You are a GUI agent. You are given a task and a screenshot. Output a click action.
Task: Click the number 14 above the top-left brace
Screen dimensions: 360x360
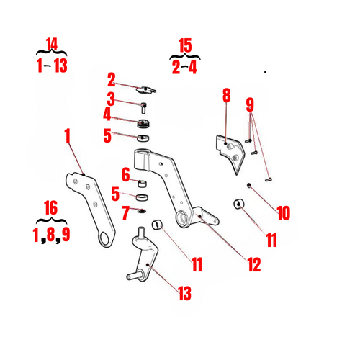(51, 44)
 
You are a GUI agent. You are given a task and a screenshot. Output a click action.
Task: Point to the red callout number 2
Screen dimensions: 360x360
(112, 78)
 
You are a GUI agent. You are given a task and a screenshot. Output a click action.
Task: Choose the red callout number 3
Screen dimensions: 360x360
(112, 98)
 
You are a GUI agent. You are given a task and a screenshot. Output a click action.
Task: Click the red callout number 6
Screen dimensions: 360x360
(125, 174)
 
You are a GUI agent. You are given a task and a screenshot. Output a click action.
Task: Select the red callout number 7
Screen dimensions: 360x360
(125, 212)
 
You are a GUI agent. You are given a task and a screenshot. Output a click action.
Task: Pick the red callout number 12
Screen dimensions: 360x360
(253, 264)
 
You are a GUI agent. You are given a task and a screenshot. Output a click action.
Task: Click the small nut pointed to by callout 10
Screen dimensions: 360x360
(248, 186)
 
